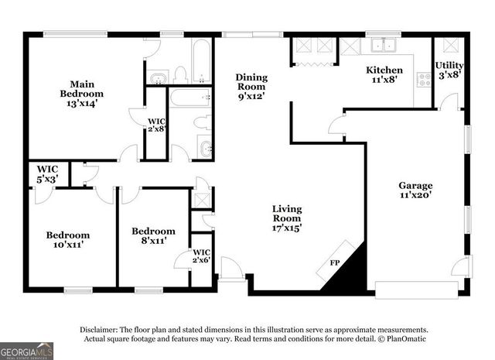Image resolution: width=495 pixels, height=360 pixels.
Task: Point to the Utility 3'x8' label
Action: coord(449,70)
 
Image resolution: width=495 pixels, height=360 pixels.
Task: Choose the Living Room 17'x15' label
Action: coord(287,218)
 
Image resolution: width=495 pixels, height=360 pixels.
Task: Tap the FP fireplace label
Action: coord(334,264)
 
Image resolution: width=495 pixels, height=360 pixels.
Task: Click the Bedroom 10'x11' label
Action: coord(67,240)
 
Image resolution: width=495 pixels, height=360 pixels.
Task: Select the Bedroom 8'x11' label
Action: coord(153,236)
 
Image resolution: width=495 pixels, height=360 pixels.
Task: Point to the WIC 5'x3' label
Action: coord(46,174)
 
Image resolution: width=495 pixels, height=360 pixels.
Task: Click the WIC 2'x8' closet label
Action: coord(157,125)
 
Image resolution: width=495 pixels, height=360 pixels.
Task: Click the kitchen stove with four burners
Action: coord(424,78)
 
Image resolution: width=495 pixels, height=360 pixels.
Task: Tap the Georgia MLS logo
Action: coord(26,351)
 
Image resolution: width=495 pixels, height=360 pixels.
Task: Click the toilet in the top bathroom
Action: coord(180,75)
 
